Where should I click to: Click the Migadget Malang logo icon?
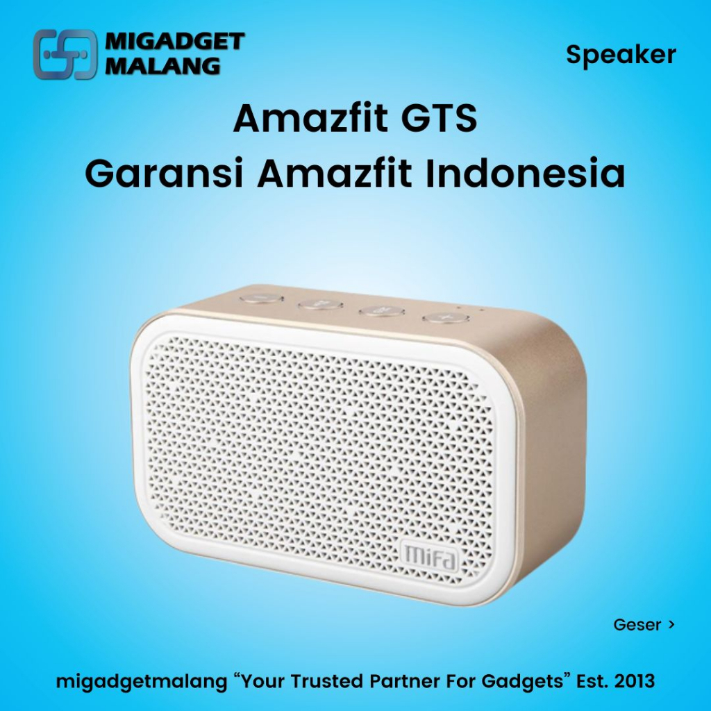(65, 54)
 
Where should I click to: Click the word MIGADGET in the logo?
(174, 42)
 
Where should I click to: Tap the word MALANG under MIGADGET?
(163, 66)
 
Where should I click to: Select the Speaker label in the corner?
(621, 54)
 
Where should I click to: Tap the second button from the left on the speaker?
(321, 303)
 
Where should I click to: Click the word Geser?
(637, 624)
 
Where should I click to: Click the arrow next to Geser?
(671, 624)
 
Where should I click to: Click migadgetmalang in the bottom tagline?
(142, 681)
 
